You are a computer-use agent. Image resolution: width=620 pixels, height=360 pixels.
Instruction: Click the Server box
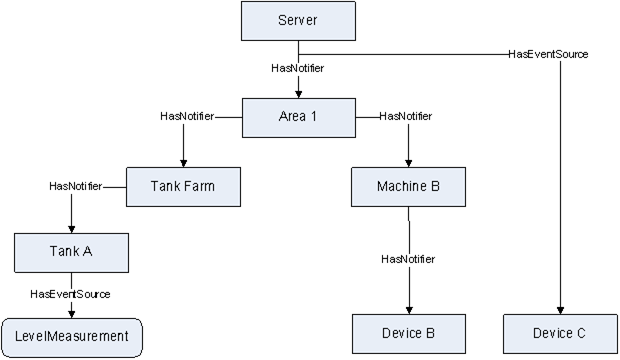click(299, 21)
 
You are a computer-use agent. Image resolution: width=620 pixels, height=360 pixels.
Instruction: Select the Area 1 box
click(298, 117)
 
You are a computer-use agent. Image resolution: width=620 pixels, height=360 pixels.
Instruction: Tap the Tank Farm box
click(183, 186)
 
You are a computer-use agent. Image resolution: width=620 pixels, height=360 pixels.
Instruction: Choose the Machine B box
click(408, 186)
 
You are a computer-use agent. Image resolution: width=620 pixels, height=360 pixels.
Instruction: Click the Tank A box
click(72, 252)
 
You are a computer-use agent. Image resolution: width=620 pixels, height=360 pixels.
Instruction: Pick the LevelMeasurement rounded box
click(72, 336)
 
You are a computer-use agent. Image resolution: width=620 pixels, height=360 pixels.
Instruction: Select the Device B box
click(408, 332)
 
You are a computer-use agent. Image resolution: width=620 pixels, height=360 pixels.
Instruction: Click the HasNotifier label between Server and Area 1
click(298, 69)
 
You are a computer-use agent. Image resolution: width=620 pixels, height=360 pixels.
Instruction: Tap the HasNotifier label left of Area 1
click(187, 117)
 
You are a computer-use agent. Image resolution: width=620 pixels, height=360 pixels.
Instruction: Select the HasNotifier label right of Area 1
click(406, 117)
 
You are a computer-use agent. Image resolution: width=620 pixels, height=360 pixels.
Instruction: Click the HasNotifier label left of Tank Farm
click(75, 186)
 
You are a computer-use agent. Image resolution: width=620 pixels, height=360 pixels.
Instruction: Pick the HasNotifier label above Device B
click(408, 260)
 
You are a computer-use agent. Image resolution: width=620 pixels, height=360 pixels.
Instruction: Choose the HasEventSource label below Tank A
click(70, 294)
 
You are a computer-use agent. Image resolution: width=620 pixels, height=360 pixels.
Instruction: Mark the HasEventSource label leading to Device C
click(549, 53)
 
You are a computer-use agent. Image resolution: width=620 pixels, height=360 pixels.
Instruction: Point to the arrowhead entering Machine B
click(408, 161)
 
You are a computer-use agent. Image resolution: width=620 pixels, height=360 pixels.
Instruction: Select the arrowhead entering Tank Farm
click(183, 161)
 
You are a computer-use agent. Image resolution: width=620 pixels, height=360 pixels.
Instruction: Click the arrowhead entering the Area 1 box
click(298, 92)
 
